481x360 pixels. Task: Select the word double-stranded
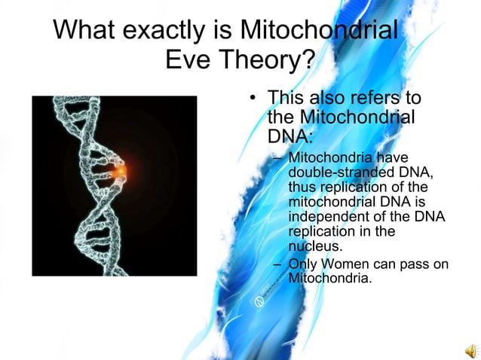tap(336, 172)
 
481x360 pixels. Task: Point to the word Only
tap(304, 264)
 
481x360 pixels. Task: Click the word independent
tap(329, 216)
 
